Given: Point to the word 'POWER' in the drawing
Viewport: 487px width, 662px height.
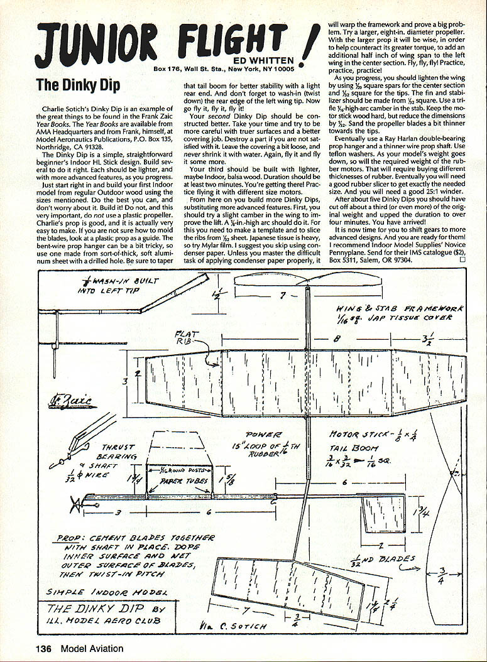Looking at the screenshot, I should pyautogui.click(x=264, y=434).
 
